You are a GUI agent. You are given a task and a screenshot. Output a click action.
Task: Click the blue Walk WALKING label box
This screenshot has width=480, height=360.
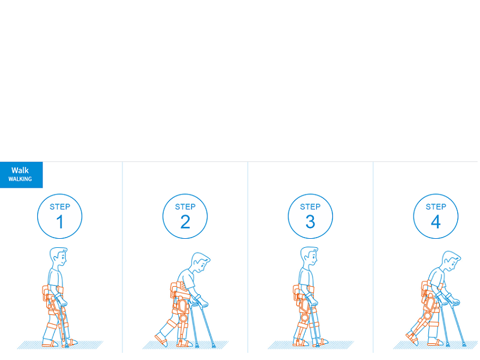(21, 175)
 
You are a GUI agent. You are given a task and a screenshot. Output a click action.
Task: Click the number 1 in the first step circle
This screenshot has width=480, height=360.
(60, 221)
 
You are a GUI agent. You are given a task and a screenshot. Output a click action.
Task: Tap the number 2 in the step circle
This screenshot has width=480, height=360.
(185, 221)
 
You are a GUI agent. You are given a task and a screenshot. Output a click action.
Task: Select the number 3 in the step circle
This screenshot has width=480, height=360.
(310, 221)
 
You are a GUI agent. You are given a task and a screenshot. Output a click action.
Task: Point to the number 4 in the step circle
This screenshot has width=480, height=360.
(436, 221)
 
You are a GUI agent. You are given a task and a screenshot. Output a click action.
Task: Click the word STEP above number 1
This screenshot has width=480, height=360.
(60, 207)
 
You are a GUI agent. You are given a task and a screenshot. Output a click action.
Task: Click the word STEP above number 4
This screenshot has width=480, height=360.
(436, 207)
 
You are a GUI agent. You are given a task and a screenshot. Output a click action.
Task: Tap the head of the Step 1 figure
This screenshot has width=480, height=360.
(58, 257)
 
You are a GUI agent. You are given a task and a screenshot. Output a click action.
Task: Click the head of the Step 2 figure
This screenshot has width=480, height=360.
(200, 262)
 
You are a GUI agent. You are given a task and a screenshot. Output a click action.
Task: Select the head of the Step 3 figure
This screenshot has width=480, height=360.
(309, 257)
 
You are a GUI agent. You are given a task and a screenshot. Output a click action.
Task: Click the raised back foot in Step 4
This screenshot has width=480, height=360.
(412, 337)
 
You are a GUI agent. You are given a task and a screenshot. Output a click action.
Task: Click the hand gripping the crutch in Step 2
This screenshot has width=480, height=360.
(203, 304)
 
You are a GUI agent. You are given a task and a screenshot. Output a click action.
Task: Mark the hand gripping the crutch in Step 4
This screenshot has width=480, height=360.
(455, 302)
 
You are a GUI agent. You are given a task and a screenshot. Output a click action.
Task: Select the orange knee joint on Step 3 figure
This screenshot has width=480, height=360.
(304, 317)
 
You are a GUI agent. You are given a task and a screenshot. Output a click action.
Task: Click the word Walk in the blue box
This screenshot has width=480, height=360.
(20, 170)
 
